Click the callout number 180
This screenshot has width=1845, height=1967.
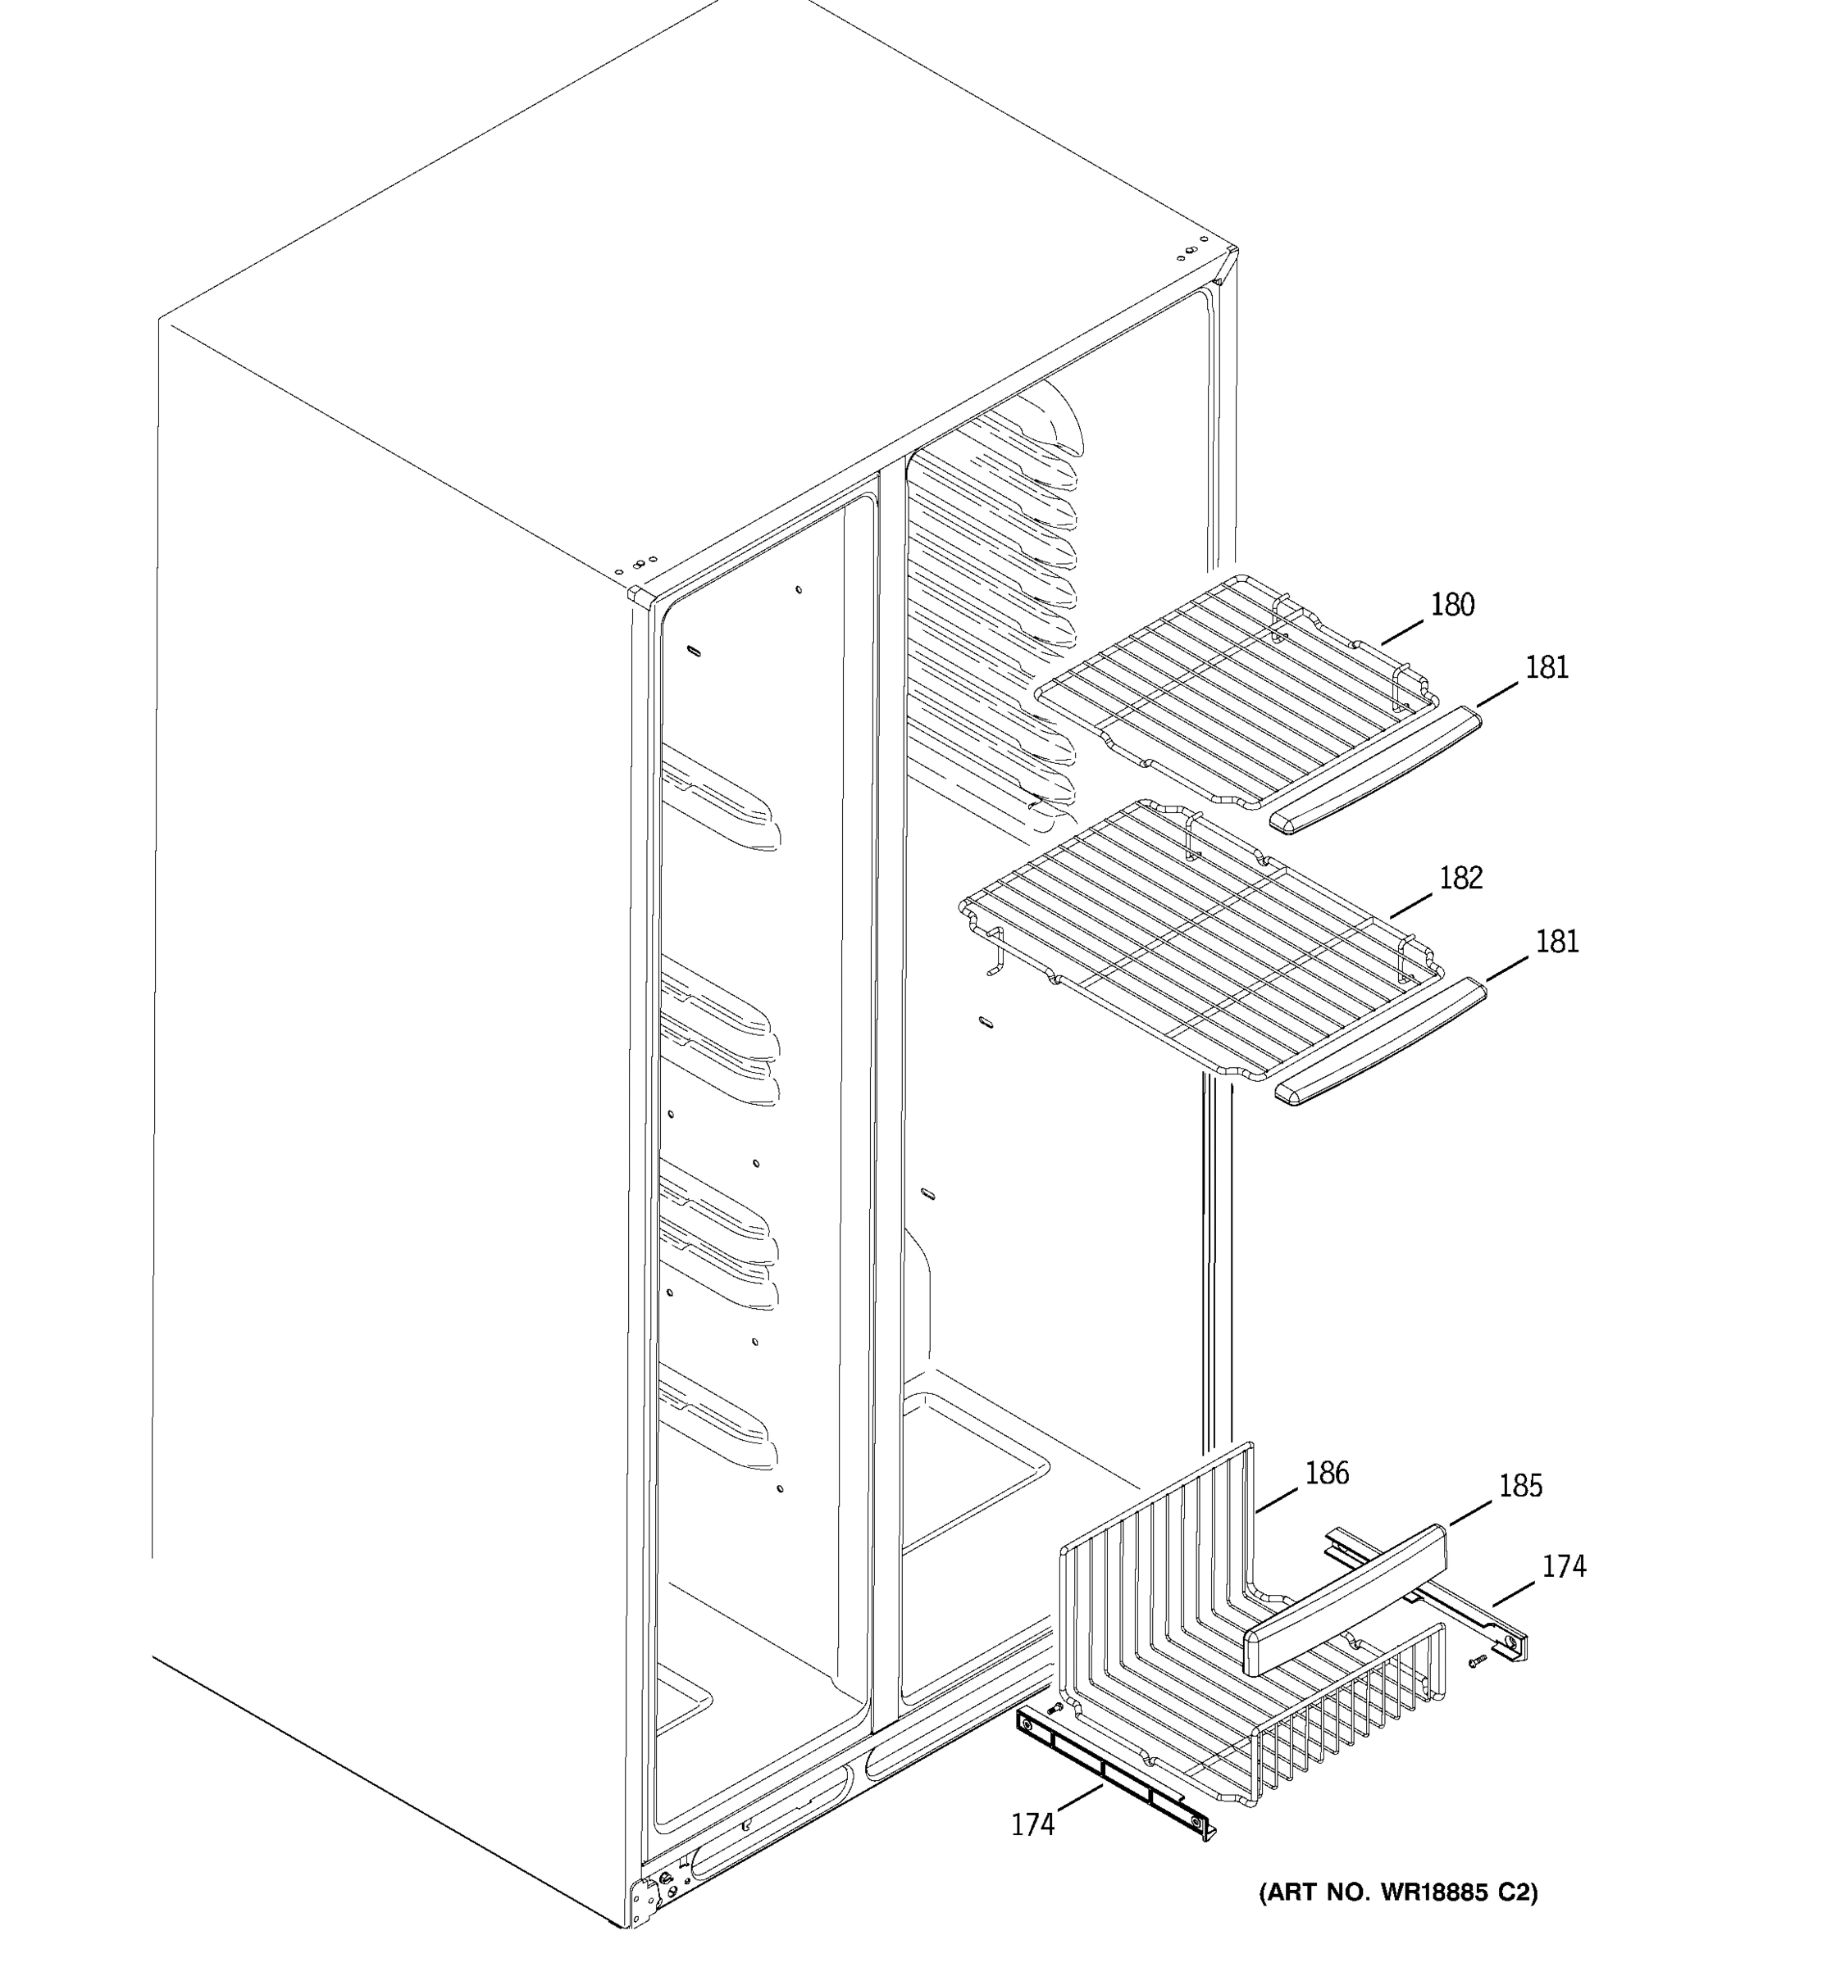click(1452, 605)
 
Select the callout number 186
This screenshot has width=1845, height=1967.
click(1326, 1474)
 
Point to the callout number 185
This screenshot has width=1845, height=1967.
click(1520, 1485)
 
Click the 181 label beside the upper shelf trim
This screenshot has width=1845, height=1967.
click(1546, 668)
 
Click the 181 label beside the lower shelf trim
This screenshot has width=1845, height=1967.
click(1556, 941)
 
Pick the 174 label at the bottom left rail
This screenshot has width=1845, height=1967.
click(1032, 1824)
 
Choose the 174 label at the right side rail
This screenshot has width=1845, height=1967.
click(1564, 1566)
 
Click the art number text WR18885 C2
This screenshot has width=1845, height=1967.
click(1397, 1892)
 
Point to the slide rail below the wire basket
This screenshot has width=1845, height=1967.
click(1114, 1777)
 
